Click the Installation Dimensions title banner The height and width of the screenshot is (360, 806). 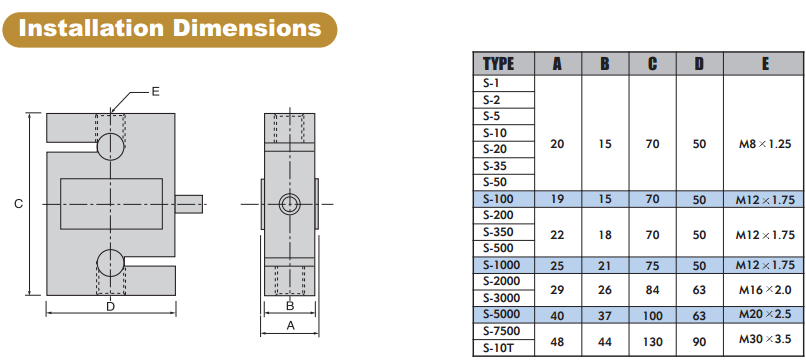click(x=170, y=29)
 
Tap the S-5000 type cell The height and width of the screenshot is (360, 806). click(x=502, y=314)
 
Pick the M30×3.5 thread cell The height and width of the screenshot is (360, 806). click(x=764, y=339)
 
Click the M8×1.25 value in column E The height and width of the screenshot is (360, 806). click(x=764, y=144)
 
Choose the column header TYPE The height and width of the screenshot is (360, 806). click(x=499, y=64)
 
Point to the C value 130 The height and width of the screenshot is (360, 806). click(x=652, y=341)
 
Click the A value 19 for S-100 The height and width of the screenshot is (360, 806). click(x=557, y=199)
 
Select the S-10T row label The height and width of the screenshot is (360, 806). click(x=498, y=347)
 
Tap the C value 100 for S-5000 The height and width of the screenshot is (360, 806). click(x=652, y=315)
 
